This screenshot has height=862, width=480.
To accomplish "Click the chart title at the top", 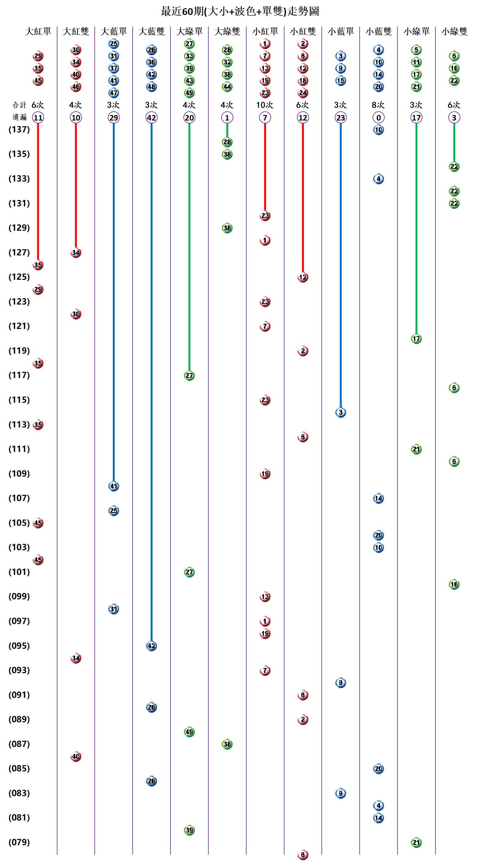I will (240, 11).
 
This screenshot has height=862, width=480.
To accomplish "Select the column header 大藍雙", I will (152, 31).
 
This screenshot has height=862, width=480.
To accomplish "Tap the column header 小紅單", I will (265, 31).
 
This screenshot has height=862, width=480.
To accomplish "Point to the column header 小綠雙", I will (454, 31).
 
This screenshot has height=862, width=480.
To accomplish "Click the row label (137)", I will (19, 129).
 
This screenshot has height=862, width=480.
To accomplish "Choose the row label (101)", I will (19, 572).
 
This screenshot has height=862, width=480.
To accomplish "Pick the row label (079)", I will (19, 842).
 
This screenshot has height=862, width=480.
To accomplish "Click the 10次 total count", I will (265, 105).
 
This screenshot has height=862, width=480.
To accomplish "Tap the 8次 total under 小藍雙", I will (378, 105).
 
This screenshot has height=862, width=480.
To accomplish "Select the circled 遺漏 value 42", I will (152, 117).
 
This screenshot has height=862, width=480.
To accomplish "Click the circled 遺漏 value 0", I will (379, 117).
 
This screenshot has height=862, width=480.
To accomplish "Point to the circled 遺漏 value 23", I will (341, 117).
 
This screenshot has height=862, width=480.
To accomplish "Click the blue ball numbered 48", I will (152, 87).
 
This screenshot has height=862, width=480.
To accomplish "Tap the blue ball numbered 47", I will (114, 93).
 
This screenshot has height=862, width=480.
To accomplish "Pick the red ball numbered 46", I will (76, 87).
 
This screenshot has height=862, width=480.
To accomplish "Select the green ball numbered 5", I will (416, 50).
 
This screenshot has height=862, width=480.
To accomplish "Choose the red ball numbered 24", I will (303, 93).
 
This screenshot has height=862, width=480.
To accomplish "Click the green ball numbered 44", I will (227, 87).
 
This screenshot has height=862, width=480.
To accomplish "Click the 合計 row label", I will (19, 105).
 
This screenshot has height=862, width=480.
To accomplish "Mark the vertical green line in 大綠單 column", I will (189, 248).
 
